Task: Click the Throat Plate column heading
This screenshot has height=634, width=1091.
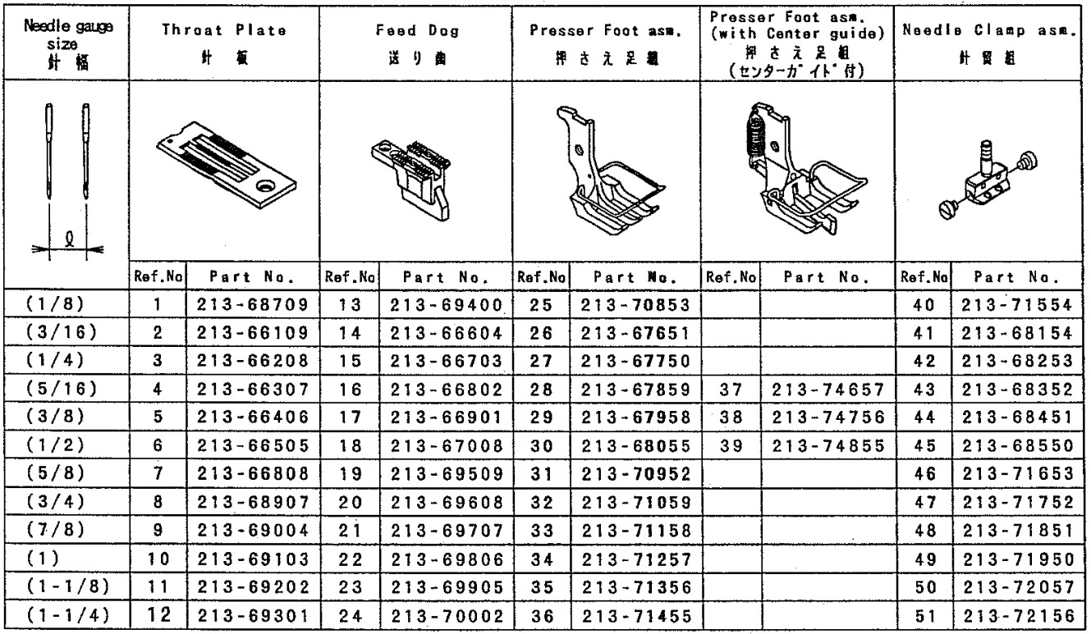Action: pyautogui.click(x=224, y=30)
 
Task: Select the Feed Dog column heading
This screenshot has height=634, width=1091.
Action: pyautogui.click(x=417, y=30)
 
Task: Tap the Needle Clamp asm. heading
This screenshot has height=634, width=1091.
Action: pyautogui.click(x=988, y=30)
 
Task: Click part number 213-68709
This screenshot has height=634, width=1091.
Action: pyautogui.click(x=252, y=304)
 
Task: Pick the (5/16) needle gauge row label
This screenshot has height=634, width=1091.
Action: pyautogui.click(x=62, y=388)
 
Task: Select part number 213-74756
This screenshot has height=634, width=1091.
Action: pyautogui.click(x=828, y=417)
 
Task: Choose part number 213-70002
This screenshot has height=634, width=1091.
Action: pyautogui.click(x=447, y=616)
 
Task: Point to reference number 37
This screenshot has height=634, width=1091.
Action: pyautogui.click(x=731, y=390)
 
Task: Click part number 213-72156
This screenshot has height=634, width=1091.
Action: pyautogui.click(x=1019, y=616)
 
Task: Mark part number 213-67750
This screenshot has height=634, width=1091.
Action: pyautogui.click(x=635, y=361)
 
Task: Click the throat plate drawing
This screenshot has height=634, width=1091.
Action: pyautogui.click(x=227, y=165)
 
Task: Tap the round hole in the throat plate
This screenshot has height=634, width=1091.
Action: pyautogui.click(x=266, y=185)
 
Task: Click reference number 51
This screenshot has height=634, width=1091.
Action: pyautogui.click(x=924, y=616)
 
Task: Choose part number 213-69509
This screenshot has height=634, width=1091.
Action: pyautogui.click(x=447, y=473)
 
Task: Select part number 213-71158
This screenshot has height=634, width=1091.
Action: pyautogui.click(x=636, y=531)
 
